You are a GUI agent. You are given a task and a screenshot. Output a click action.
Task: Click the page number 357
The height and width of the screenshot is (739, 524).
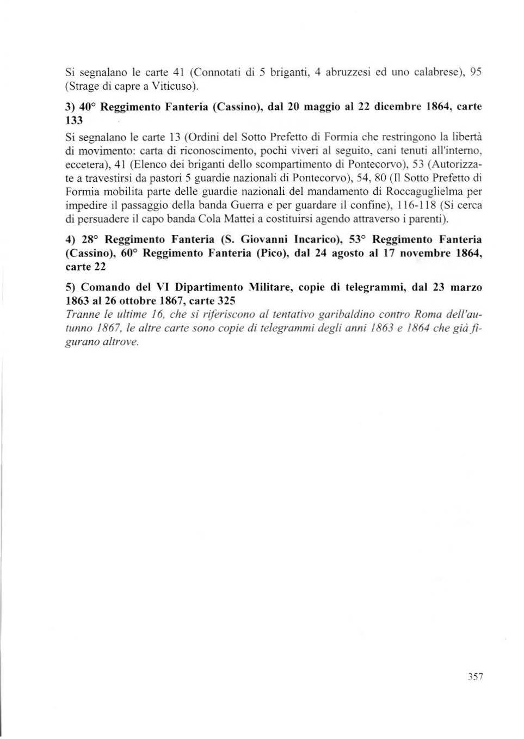475,677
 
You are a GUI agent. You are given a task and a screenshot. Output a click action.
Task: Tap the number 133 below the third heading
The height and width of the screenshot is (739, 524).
73,121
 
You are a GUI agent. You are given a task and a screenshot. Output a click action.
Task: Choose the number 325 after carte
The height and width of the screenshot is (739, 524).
226,301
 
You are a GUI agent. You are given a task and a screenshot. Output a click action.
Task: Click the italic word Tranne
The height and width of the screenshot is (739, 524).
80,315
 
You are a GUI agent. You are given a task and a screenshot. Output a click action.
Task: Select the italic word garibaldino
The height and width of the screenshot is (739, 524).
348,315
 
